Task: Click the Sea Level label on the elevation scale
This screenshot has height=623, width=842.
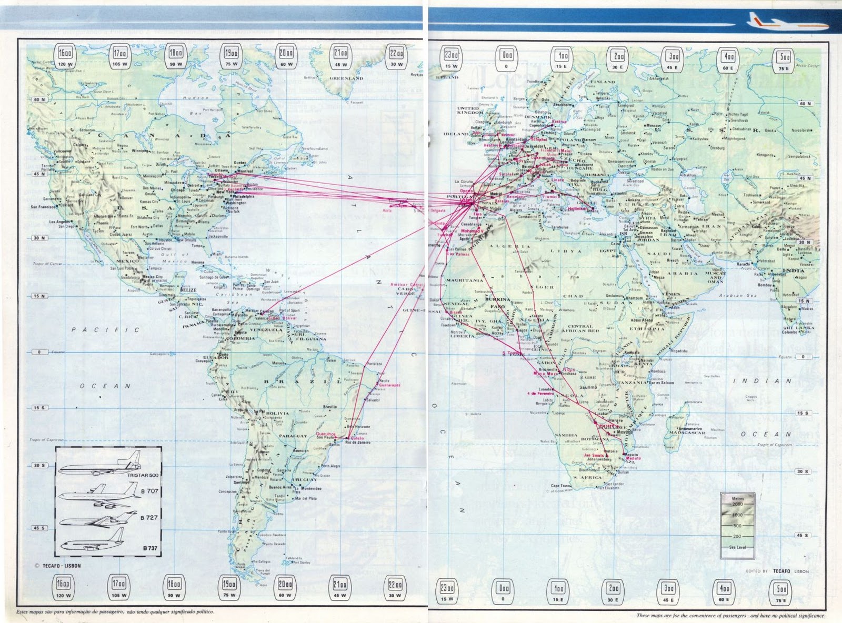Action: click(737, 548)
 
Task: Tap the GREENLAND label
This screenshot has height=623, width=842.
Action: click(346, 78)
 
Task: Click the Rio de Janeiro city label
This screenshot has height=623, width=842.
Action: click(358, 443)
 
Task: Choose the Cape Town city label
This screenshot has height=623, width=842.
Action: click(560, 486)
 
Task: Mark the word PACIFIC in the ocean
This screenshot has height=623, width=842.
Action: click(105, 330)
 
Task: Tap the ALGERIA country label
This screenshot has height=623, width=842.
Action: click(510, 246)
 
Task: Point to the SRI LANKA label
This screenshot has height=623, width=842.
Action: click(806, 327)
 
